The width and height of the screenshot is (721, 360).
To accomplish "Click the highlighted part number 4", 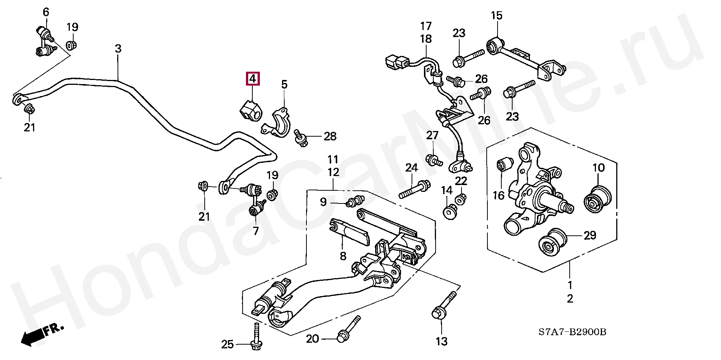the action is pos(252,79).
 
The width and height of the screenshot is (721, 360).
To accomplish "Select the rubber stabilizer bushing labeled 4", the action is pos(251,110).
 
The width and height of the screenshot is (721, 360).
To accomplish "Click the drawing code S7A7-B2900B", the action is pos(572,332).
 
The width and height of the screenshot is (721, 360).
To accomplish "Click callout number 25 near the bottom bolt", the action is pos(227,344).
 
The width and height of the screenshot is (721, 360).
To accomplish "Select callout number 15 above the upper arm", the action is pos(496,16).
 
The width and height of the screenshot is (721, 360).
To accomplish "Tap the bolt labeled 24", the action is pos(415,190).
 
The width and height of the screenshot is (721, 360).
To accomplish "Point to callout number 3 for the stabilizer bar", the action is pos(118,49).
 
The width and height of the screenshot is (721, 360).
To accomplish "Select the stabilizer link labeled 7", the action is pos(255,198).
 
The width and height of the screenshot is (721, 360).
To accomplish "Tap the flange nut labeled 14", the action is pos(449,212).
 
